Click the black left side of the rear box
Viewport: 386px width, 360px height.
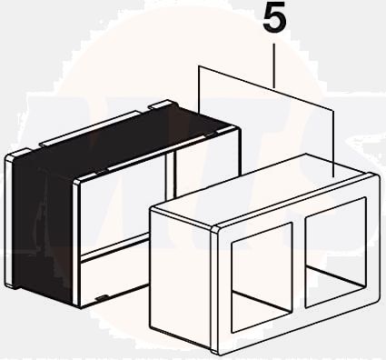(x=41, y=227)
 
